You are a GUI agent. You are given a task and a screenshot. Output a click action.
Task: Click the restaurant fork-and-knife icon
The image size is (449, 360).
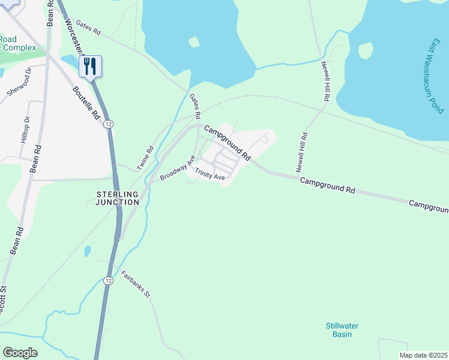[90, 65]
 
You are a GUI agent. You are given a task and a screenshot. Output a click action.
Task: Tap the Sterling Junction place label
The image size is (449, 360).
[118, 198]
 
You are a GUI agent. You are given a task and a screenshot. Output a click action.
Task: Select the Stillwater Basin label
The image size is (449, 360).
[342, 330]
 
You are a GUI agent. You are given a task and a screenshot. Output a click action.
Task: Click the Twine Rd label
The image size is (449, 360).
[146, 157]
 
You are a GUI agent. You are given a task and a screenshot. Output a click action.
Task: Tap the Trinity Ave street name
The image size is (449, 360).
[209, 174]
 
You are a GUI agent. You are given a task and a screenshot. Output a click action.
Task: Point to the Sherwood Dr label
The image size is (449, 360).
[18, 85]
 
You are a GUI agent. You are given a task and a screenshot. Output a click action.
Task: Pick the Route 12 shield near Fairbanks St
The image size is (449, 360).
[107, 280]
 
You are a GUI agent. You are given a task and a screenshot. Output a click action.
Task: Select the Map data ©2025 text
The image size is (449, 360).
[423, 355]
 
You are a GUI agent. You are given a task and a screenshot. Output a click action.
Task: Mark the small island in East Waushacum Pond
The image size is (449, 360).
[366, 51]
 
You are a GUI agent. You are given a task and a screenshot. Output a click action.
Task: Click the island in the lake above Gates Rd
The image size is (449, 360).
[193, 42]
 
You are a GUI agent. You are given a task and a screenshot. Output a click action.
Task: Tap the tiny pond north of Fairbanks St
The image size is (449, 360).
[88, 250]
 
